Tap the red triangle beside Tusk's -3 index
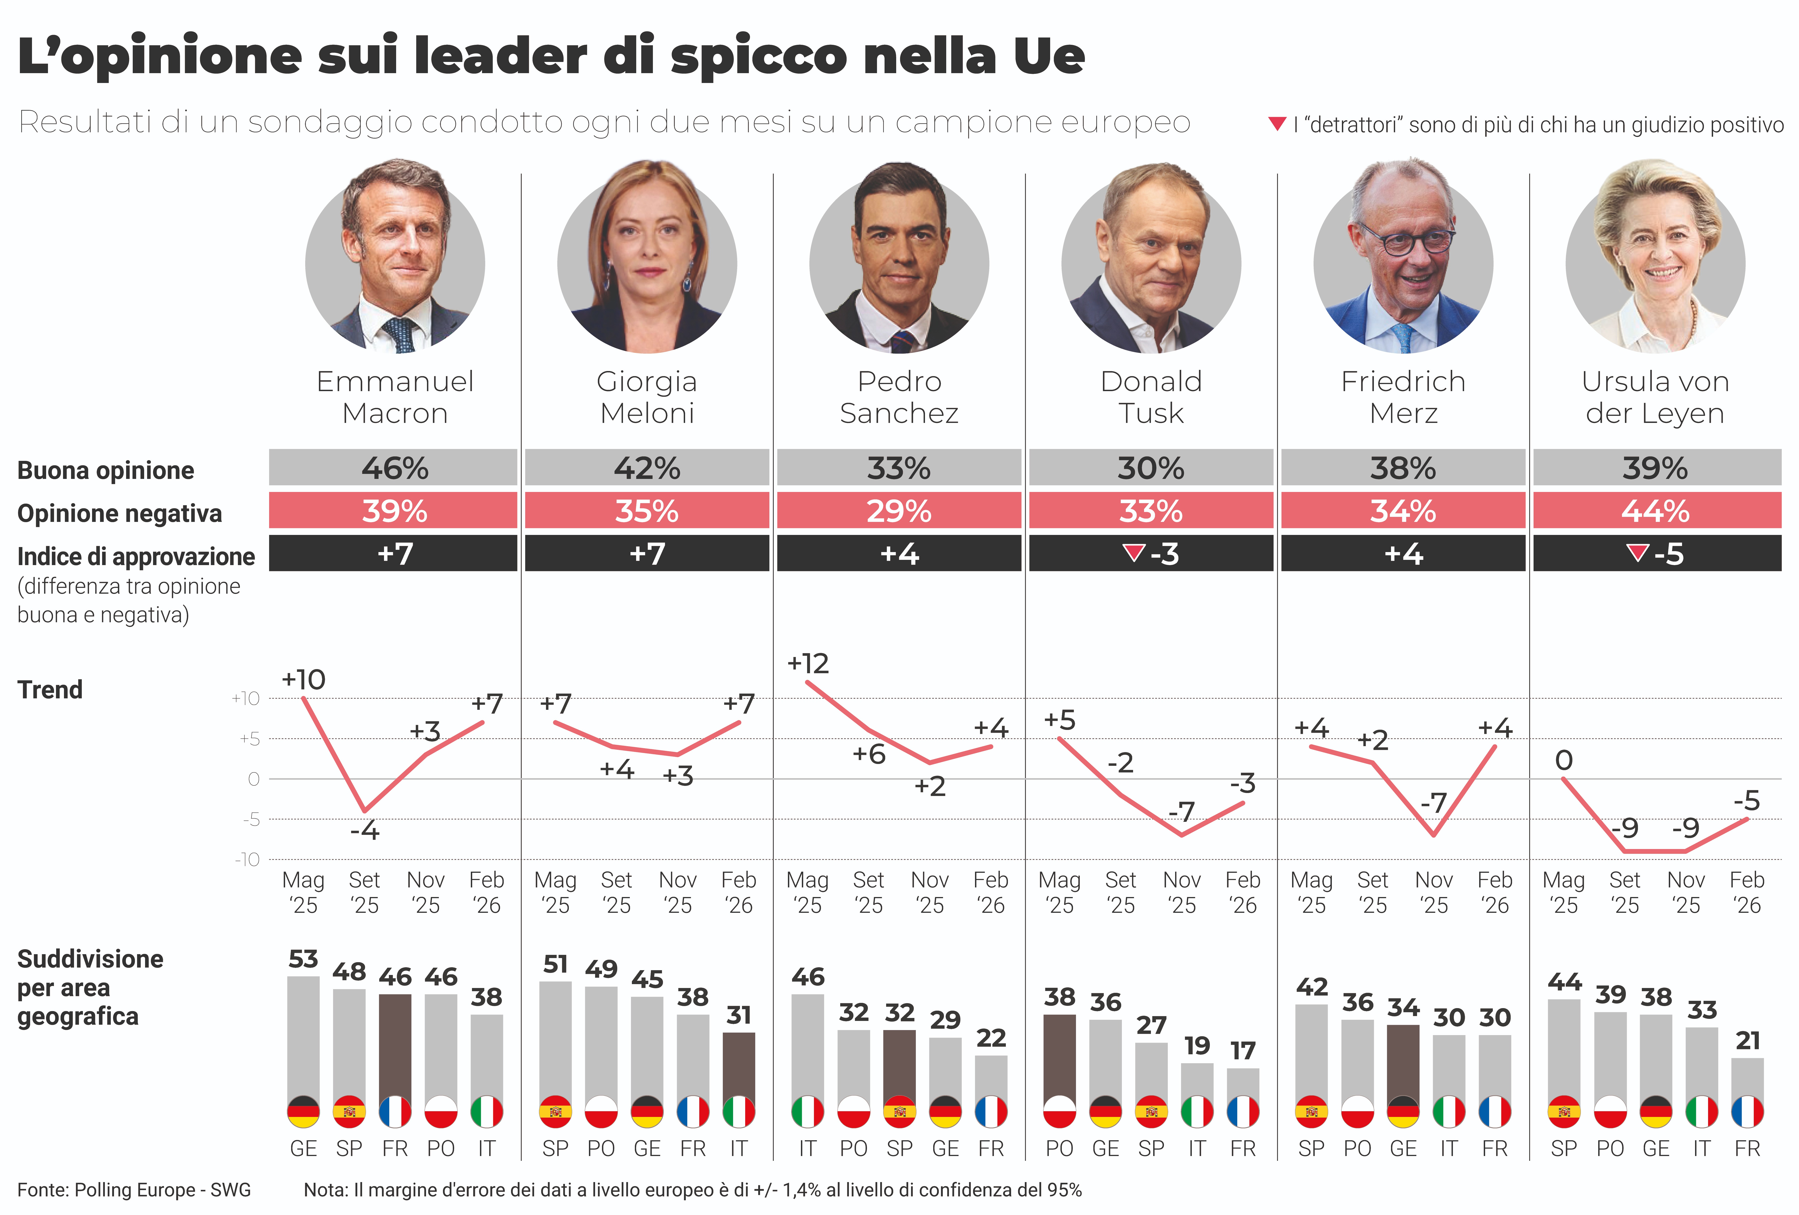[1133, 553]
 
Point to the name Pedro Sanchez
[899, 397]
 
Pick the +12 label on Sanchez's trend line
[807, 664]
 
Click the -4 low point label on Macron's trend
[365, 831]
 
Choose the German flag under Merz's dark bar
[1403, 1112]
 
